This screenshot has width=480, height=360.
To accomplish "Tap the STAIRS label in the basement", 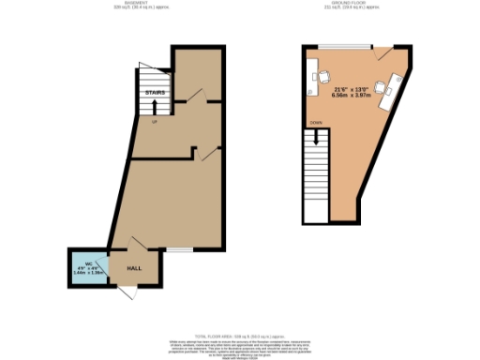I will (155, 94).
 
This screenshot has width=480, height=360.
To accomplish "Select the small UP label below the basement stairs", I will (154, 120).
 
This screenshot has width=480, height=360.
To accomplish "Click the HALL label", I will (135, 266).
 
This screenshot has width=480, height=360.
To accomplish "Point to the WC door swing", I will (105, 269).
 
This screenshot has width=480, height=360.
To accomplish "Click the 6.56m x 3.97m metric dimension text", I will (348, 95).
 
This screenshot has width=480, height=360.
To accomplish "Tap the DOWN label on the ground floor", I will (317, 121).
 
